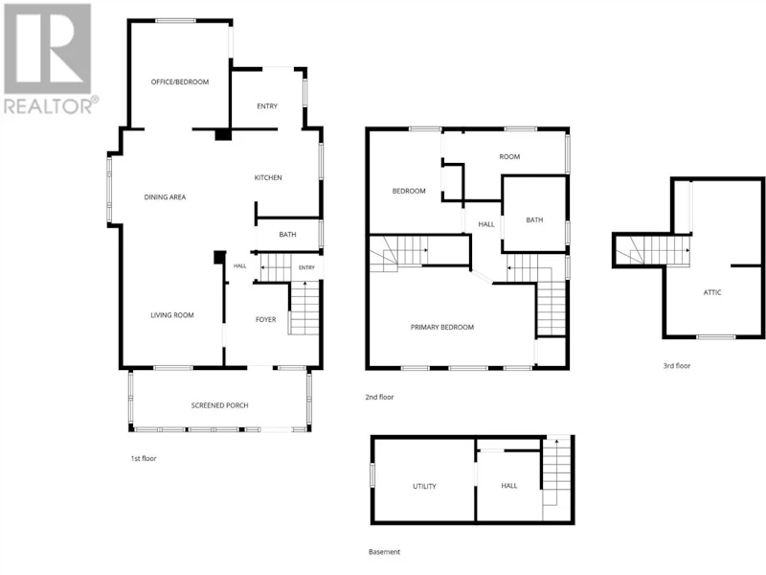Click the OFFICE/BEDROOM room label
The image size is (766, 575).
click(x=180, y=81)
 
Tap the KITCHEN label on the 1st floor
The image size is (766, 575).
click(x=268, y=177)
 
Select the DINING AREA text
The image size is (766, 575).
click(x=165, y=197)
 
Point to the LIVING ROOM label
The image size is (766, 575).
click(x=172, y=315)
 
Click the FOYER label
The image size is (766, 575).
click(x=266, y=319)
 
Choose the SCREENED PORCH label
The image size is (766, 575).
click(x=219, y=405)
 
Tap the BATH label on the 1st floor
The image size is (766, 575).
click(x=287, y=235)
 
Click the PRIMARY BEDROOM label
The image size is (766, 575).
click(x=442, y=327)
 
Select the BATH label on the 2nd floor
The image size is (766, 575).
click(x=534, y=220)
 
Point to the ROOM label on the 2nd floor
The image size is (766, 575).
click(x=509, y=156)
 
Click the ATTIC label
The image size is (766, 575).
click(x=712, y=292)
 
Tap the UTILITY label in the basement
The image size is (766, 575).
click(x=424, y=486)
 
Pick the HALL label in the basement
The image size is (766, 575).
click(x=509, y=486)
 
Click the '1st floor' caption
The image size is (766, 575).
click(x=144, y=458)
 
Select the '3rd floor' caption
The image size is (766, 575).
click(x=677, y=365)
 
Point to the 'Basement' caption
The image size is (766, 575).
click(x=384, y=552)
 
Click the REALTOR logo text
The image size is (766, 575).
click(x=48, y=106)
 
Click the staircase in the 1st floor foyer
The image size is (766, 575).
click(x=304, y=308)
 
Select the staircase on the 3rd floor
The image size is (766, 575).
click(x=653, y=251)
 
